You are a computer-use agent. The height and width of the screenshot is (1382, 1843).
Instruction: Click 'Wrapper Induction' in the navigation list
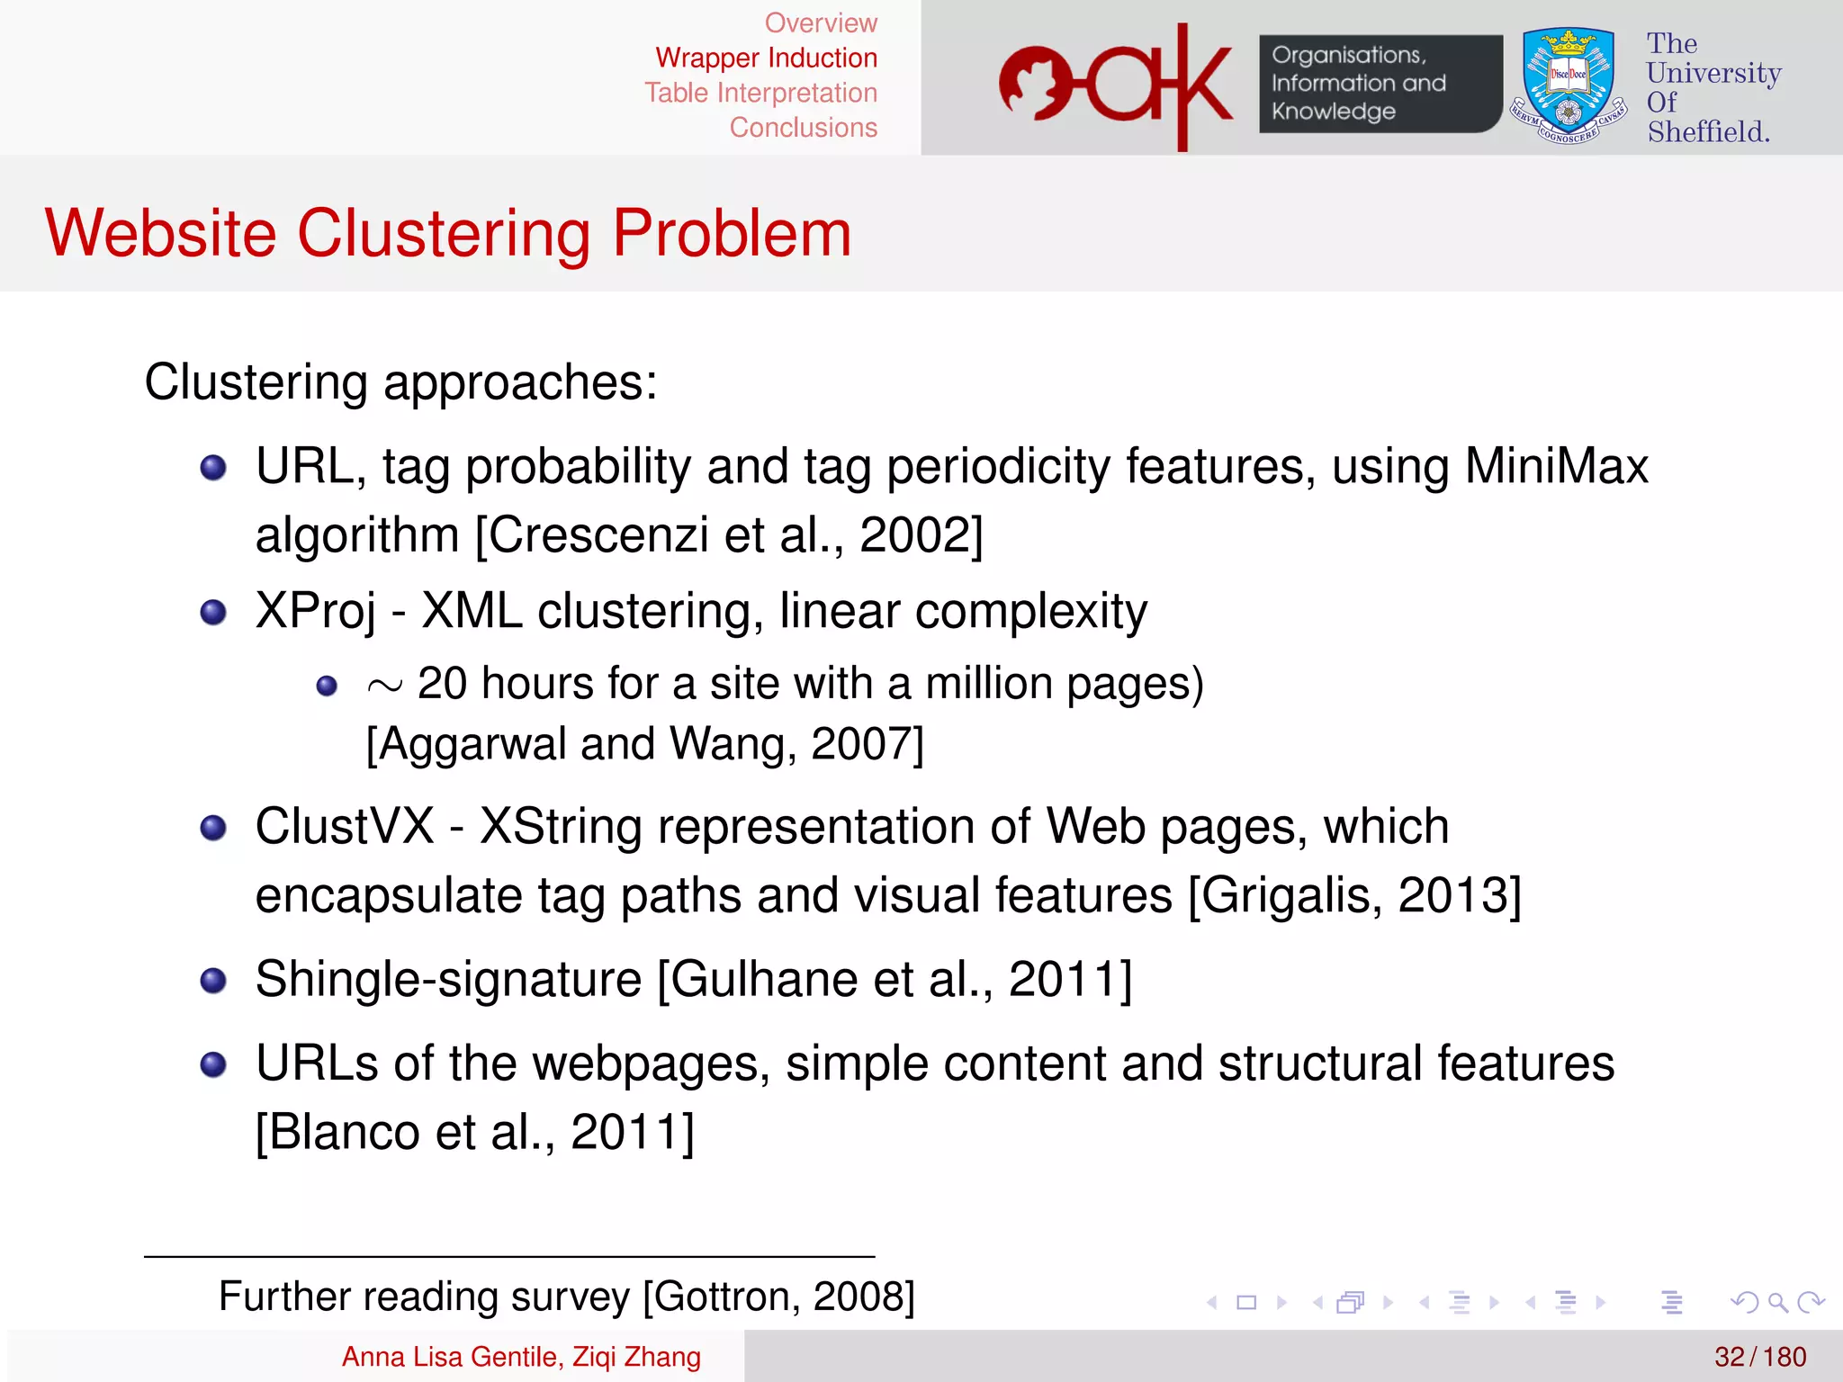click(x=766, y=58)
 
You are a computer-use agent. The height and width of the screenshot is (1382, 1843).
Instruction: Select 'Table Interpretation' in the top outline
click(x=760, y=93)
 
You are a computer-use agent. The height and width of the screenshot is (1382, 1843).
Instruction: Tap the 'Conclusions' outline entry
click(x=803, y=128)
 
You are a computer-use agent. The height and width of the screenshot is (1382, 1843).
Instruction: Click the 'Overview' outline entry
click(x=821, y=22)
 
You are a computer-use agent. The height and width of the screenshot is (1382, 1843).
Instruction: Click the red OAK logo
click(x=1116, y=85)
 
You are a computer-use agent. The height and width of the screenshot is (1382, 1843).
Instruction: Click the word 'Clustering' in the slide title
click(x=444, y=233)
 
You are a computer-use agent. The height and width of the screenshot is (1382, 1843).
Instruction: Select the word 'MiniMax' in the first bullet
click(x=1556, y=466)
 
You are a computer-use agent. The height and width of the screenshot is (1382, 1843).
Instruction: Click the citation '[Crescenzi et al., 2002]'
click(x=729, y=534)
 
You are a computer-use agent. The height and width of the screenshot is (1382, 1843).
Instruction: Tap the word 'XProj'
click(x=315, y=611)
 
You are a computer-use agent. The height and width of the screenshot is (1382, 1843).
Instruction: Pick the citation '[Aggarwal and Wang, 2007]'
click(x=644, y=744)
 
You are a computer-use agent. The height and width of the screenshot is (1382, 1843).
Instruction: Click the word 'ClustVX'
click(x=345, y=826)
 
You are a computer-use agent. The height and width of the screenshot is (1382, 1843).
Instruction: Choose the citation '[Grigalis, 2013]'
click(x=1354, y=895)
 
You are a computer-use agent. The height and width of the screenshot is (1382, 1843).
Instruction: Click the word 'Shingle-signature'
click(x=448, y=979)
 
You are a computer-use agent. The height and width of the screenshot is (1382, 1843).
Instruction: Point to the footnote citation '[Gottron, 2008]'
click(x=778, y=1297)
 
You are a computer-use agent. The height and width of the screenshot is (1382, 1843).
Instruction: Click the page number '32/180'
click(x=1760, y=1357)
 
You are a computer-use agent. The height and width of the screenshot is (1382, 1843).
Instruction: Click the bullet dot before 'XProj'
click(x=213, y=613)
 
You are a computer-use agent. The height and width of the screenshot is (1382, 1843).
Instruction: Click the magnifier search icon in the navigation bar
click(x=1777, y=1302)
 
